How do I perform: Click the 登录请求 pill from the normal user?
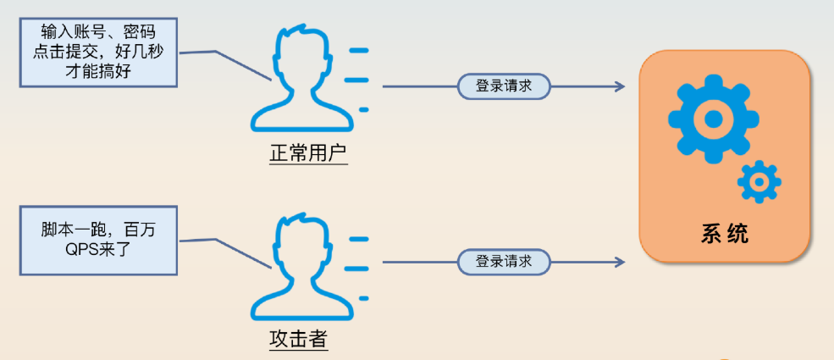point(504,86)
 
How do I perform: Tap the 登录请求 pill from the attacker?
point(504,262)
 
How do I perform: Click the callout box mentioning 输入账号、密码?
point(100,53)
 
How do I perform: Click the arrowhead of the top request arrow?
point(619,86)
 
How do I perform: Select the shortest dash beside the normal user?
point(364,109)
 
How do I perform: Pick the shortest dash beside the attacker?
point(364,297)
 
